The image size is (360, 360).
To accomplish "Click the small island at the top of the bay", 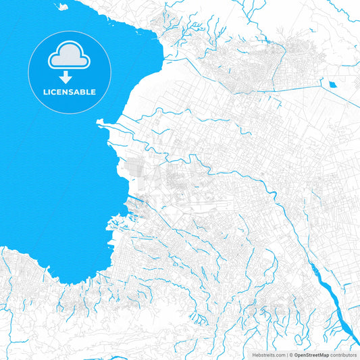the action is (x=62, y=6).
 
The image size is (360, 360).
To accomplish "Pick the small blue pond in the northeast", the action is (x=333, y=84).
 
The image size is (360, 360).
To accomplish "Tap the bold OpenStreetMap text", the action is (x=311, y=355).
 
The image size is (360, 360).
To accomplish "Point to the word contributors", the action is (x=343, y=355).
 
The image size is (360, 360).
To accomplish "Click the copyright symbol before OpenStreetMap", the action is (x=289, y=355).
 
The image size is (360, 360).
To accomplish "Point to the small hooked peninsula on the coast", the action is (x=101, y=122).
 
